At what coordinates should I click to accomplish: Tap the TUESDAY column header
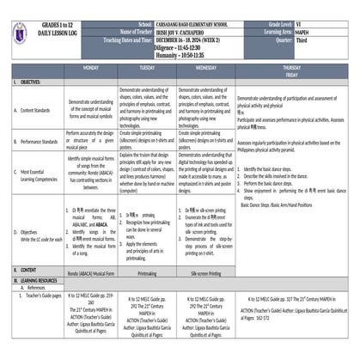147,66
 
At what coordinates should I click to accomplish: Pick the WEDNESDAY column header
205,66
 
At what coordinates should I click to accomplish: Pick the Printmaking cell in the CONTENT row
147,270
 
